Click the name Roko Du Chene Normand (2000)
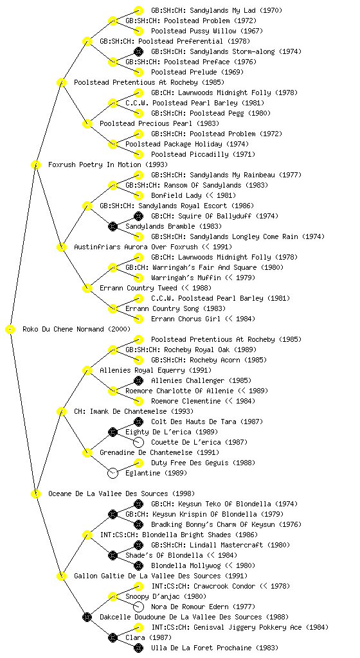[76, 330]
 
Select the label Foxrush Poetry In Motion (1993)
[108, 165]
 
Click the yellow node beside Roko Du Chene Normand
[10, 330]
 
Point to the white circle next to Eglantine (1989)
[113, 473]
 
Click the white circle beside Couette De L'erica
[138, 442]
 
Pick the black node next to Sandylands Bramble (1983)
[113, 227]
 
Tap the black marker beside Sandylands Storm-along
[138, 51]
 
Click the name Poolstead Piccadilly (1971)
[203, 154]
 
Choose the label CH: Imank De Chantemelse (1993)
[134, 412]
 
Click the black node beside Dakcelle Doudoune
[87, 617]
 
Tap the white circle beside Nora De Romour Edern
[138, 607]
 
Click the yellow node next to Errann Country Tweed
[87, 289]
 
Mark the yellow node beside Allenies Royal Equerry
[87, 371]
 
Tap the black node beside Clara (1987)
[113, 638]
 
